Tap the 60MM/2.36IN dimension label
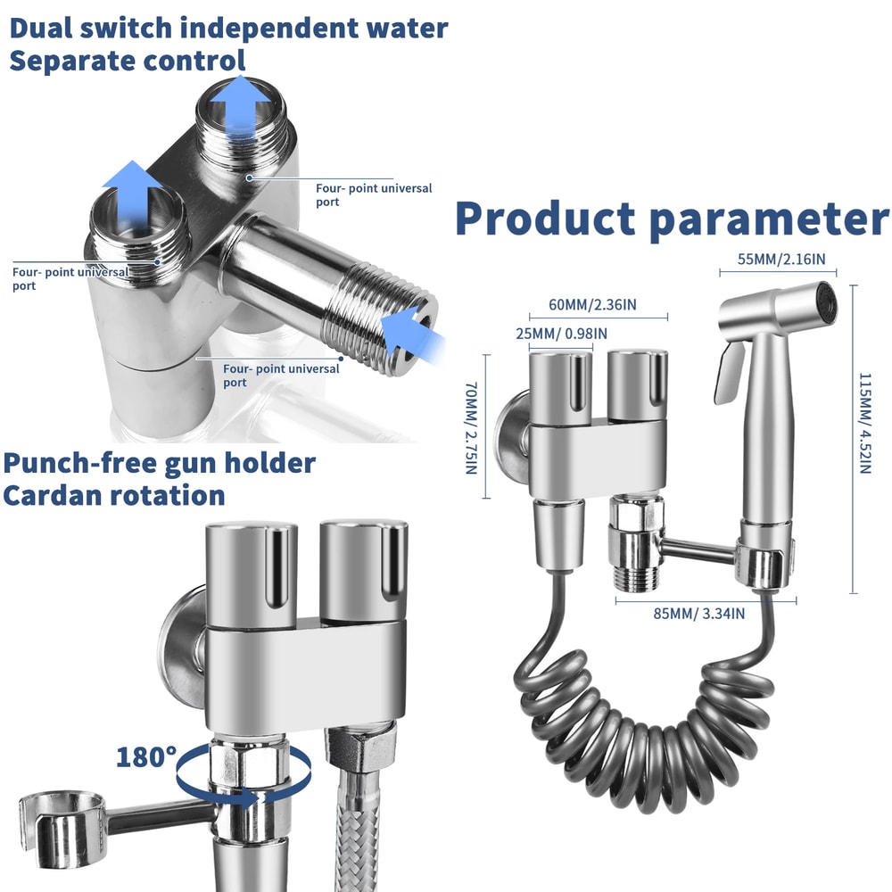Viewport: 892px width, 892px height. (x=592, y=305)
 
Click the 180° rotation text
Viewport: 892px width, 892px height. (x=146, y=756)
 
